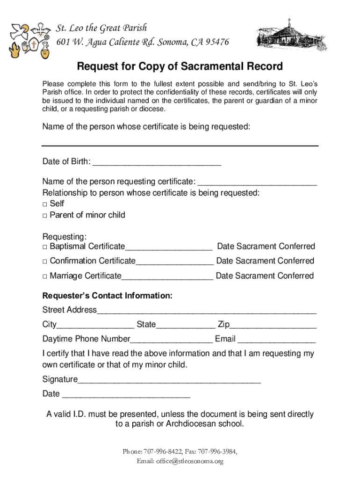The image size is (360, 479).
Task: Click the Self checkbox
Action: click(x=45, y=204)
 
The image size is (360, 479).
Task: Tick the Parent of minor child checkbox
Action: click(x=45, y=216)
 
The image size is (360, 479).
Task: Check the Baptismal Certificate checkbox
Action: click(x=45, y=247)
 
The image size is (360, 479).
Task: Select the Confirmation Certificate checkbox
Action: click(x=45, y=261)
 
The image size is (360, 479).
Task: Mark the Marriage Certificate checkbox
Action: click(x=45, y=276)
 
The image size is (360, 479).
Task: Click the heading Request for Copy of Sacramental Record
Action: click(x=180, y=66)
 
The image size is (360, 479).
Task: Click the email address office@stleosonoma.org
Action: click(x=190, y=461)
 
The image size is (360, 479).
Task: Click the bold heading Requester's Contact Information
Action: click(x=108, y=296)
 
